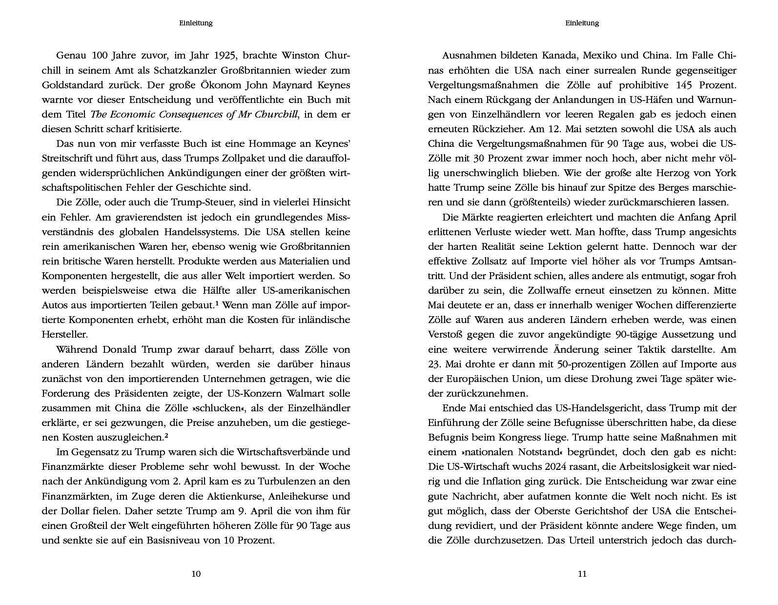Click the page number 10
pos(196,574)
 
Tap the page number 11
pos(582,574)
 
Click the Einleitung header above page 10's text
pos(196,23)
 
